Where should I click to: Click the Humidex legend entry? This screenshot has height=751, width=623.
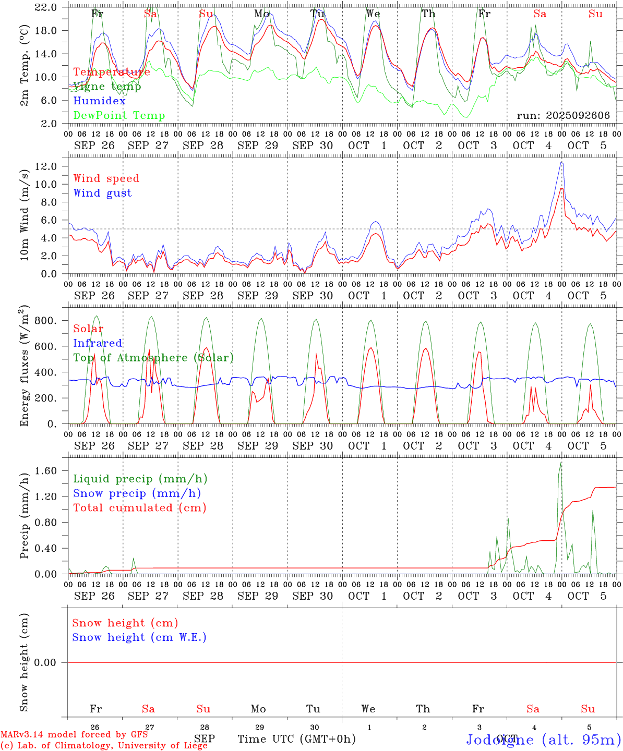[x=100, y=101]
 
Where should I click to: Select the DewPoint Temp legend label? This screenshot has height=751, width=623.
[x=119, y=116]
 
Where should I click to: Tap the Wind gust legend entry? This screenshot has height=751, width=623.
[x=102, y=193]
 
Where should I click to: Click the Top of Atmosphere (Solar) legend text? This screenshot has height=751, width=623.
[x=153, y=358]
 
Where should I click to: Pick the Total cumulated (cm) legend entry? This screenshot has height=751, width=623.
[x=139, y=508]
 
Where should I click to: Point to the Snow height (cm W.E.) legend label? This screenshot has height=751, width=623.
[x=139, y=637]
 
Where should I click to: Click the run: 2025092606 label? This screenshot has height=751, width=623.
[x=563, y=116]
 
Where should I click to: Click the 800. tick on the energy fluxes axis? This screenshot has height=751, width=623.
[x=45, y=320]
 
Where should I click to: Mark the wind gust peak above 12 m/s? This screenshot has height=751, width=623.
[x=561, y=162]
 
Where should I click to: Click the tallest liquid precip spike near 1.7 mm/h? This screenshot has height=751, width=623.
[x=561, y=463]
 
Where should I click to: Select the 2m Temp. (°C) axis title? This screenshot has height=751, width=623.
[x=24, y=65]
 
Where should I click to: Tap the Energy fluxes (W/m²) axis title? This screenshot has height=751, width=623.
[x=24, y=367]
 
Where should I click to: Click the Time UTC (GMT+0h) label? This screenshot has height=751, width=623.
[x=296, y=739]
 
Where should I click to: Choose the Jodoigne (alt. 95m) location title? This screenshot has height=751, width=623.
[x=543, y=740]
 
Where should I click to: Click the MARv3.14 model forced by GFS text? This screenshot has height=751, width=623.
[x=74, y=735]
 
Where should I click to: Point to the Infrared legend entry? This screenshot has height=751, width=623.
[x=98, y=343]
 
